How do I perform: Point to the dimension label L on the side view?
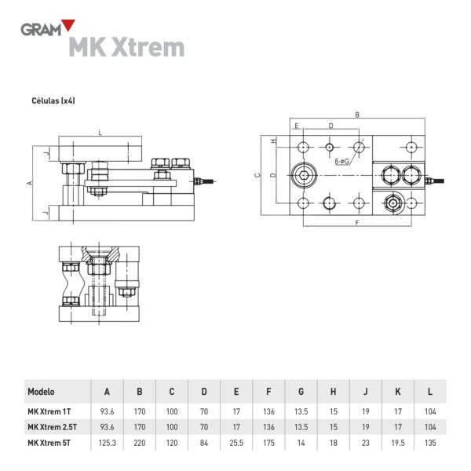[x=100, y=133]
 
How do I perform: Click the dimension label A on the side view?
[x=29, y=182]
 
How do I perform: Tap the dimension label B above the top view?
[x=357, y=115]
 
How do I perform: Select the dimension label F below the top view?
[x=357, y=224]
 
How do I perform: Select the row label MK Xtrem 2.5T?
[x=52, y=426]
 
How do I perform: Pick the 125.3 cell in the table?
[x=107, y=444]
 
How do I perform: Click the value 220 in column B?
[x=139, y=444]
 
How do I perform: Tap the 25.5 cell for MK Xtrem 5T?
[x=236, y=444]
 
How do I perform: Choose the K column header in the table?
[x=397, y=391]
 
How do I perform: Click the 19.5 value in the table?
[x=397, y=444]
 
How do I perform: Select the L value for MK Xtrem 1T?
[x=429, y=410]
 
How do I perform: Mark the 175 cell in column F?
[x=268, y=444]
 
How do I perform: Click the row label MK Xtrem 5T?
[x=49, y=444]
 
